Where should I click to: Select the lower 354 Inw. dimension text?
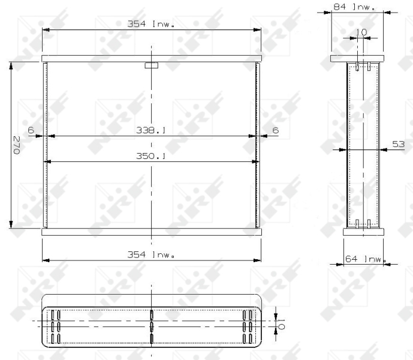coord(152,254)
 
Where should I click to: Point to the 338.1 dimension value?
coord(152,130)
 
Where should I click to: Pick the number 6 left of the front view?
coord(31,130)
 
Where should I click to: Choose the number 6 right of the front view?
coord(275,130)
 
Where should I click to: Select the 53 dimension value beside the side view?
coord(398,144)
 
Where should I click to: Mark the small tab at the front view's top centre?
coord(152,65)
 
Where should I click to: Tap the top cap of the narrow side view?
coord(357,59)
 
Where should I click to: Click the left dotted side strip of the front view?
coord(45,145)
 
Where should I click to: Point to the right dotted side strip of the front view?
coord(258,145)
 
